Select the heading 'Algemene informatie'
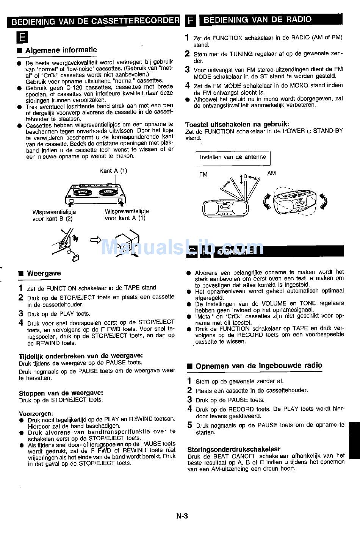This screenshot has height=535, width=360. [61, 50]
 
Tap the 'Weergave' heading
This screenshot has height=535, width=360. [44, 273]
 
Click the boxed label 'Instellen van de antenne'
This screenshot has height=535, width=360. [233, 158]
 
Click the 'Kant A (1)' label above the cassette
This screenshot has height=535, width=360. [113, 171]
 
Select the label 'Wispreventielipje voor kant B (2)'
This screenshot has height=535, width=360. [54, 215]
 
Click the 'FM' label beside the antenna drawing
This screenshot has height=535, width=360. [203, 175]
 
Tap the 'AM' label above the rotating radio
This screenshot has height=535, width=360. [271, 173]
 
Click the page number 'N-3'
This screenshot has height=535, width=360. [182, 516]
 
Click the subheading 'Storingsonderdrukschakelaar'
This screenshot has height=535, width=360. [233, 449]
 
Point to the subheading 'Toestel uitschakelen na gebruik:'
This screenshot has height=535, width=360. [237, 124]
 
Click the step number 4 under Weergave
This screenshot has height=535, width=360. [21, 323]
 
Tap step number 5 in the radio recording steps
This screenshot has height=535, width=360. [190, 425]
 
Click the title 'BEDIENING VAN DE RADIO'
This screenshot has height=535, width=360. [258, 20]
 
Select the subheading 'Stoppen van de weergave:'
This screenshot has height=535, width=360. [61, 393]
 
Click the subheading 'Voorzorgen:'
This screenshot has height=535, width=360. [36, 413]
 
